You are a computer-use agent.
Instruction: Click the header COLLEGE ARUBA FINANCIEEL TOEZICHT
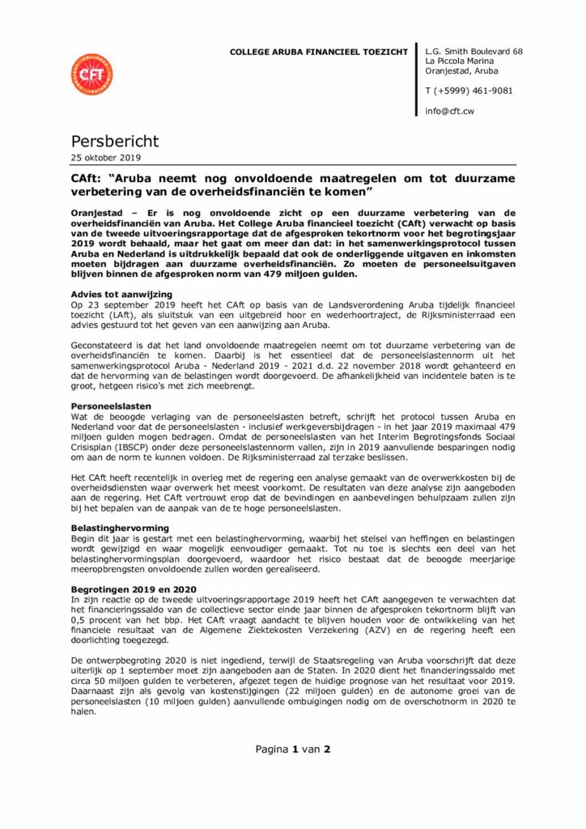[319, 52]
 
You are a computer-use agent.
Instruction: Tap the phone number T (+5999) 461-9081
[469, 91]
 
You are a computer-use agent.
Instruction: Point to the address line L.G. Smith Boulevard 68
[473, 52]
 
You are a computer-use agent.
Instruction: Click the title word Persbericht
[114, 142]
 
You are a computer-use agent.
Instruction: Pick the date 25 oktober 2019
[104, 158]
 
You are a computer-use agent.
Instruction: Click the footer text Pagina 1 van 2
[293, 749]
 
